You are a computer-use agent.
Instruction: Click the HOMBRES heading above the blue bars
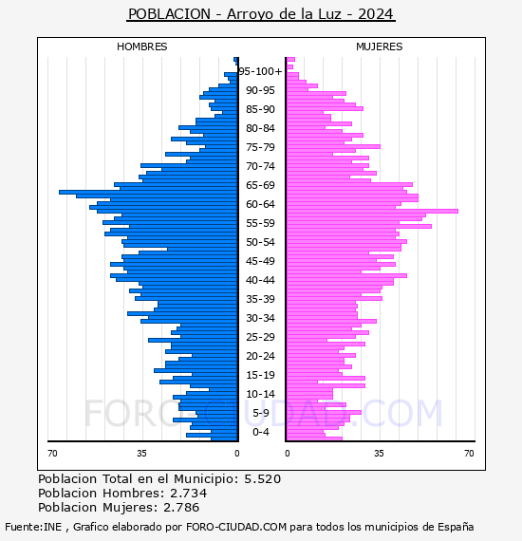[141, 47]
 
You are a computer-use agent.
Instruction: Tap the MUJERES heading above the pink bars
[380, 47]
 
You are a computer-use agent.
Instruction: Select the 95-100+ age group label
[260, 71]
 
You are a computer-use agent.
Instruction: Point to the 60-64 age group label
[260, 204]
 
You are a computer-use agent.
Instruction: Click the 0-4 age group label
[260, 432]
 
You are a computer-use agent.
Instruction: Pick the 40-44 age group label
[260, 280]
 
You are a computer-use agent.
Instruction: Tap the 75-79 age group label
[260, 147]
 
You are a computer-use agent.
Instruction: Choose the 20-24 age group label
[260, 356]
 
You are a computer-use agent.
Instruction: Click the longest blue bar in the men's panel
[148, 192]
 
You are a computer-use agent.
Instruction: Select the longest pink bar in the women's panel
[373, 211]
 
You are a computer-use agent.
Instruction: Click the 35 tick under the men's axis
[141, 453]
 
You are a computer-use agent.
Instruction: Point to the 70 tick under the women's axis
[469, 453]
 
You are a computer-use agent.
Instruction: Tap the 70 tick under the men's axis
[52, 453]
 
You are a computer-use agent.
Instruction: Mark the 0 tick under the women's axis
[288, 453]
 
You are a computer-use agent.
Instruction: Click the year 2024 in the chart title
[376, 14]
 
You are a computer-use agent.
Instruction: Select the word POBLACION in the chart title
[169, 14]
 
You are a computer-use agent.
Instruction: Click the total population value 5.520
[263, 479]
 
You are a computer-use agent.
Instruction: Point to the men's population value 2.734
[188, 493]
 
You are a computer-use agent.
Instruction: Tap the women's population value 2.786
[181, 507]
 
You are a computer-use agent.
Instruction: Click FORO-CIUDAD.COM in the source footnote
[236, 527]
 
